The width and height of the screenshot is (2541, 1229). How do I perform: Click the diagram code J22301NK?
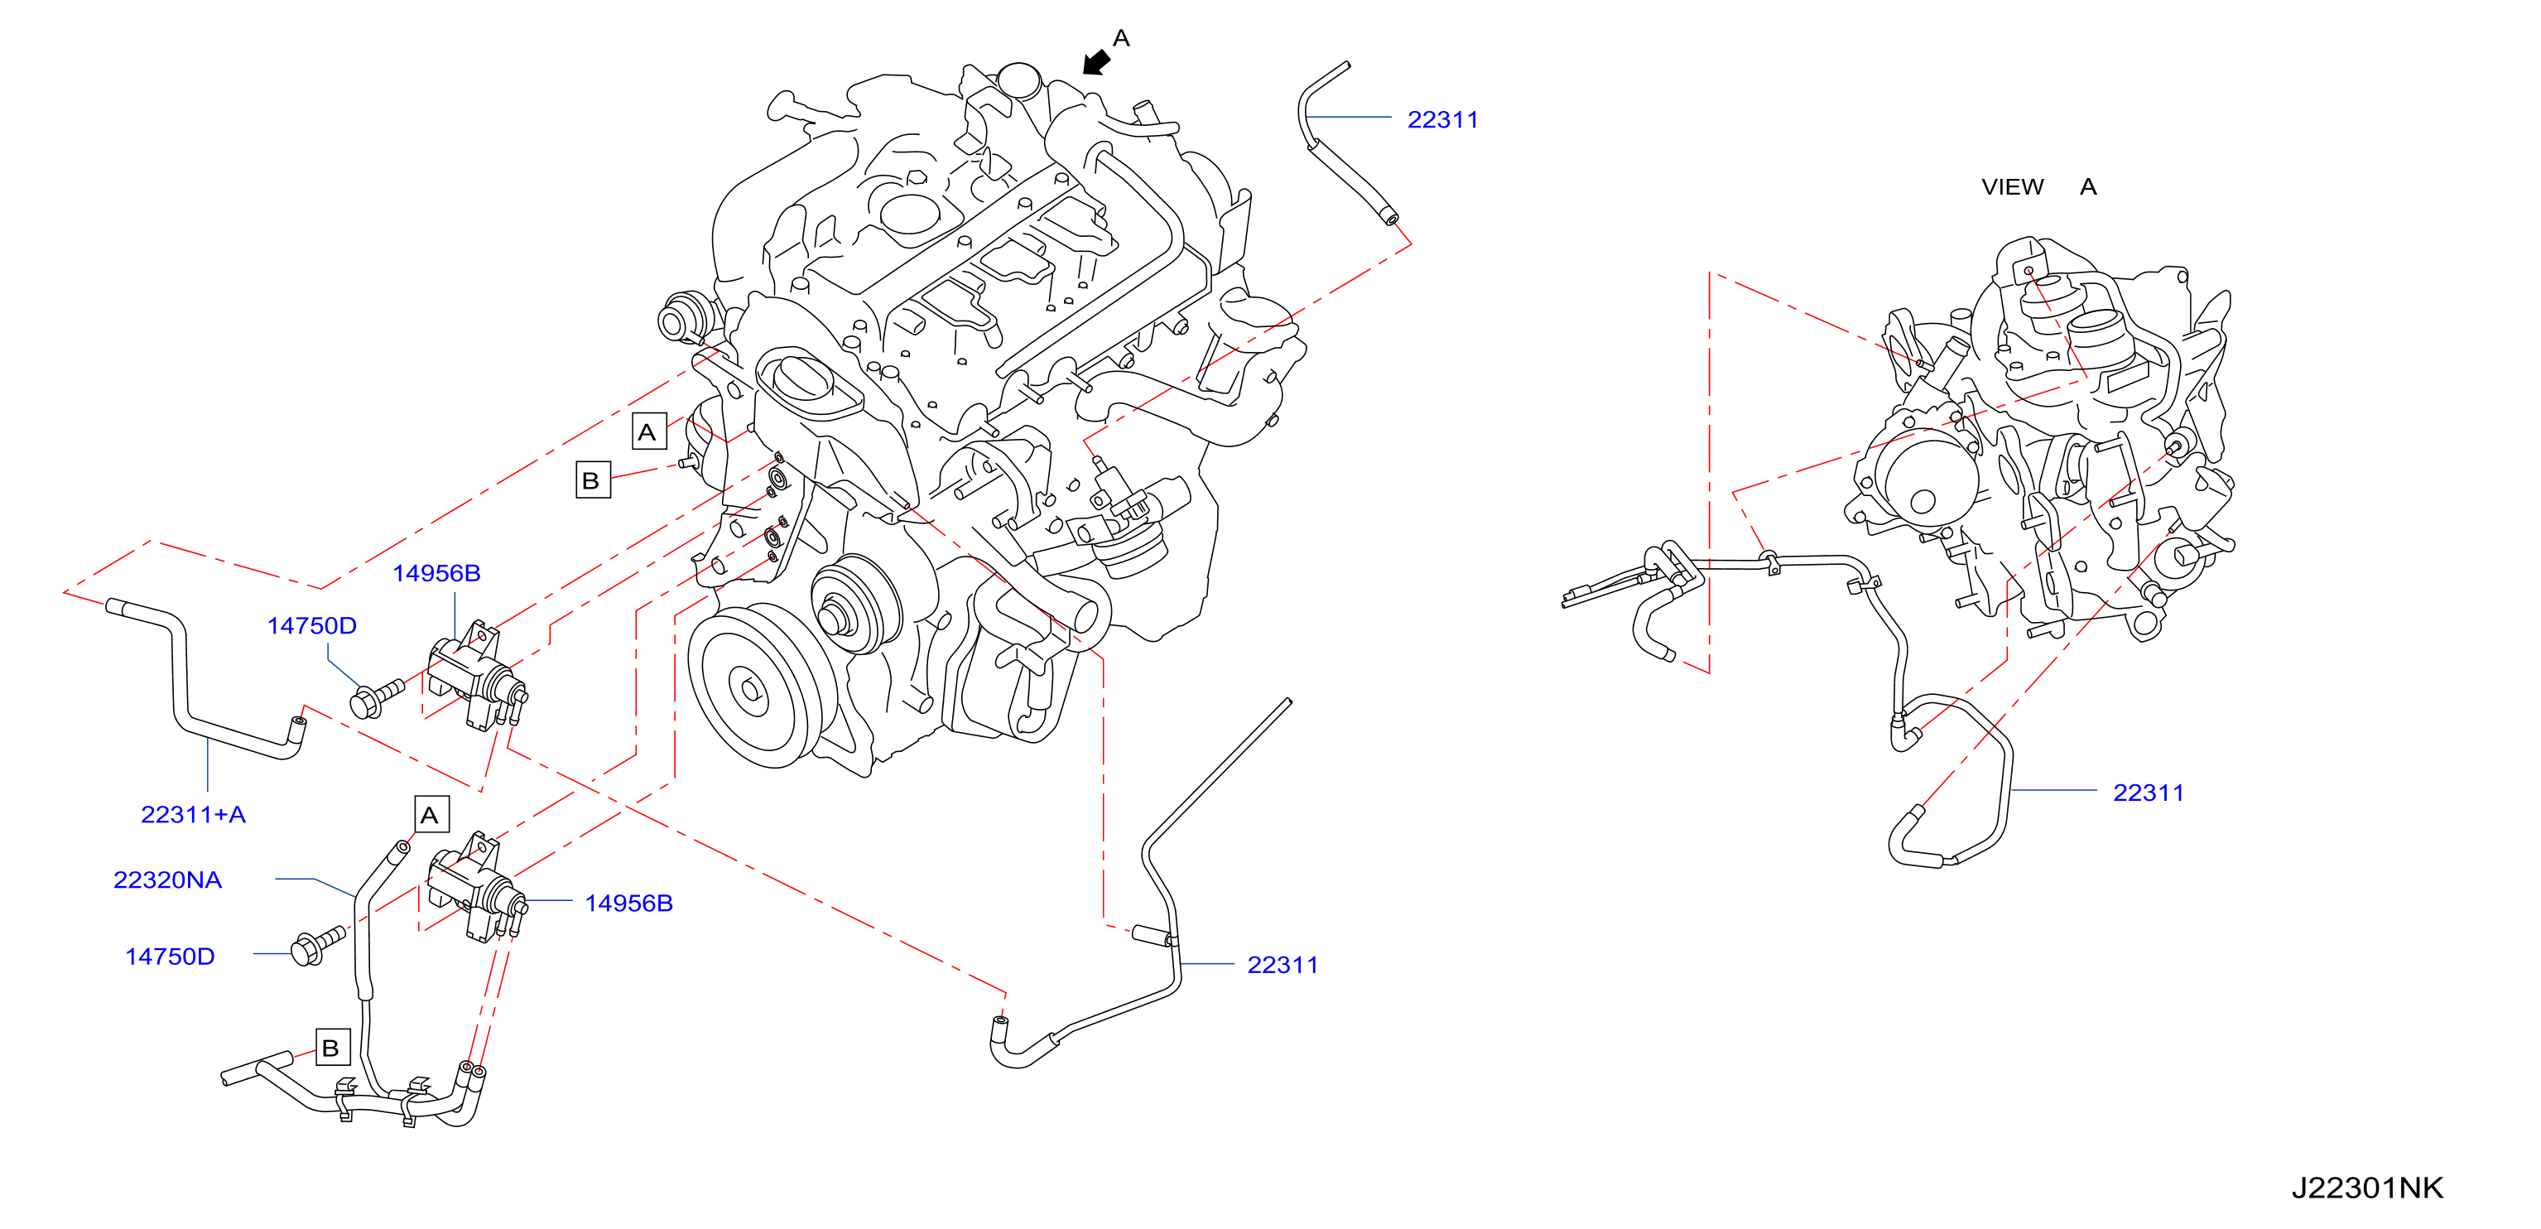pyautogui.click(x=2366, y=1188)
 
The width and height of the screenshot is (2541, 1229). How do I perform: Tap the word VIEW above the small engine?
pyautogui.click(x=2012, y=186)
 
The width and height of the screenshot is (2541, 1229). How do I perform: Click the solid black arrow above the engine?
pyautogui.click(x=1096, y=62)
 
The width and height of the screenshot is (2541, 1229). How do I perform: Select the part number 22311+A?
pyautogui.click(x=194, y=815)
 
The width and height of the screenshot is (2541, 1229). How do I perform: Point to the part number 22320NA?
pyautogui.click(x=168, y=880)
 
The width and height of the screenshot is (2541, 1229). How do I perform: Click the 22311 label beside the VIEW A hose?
pyautogui.click(x=2149, y=793)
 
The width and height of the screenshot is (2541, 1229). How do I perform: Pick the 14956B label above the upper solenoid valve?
pyautogui.click(x=436, y=573)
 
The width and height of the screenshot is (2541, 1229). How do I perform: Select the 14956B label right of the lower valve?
pyautogui.click(x=628, y=904)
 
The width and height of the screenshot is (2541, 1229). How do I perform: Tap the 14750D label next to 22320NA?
pyautogui.click(x=170, y=957)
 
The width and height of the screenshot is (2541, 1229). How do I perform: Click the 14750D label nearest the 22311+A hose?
pyautogui.click(x=311, y=625)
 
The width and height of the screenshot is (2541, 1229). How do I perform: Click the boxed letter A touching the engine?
pyautogui.click(x=649, y=432)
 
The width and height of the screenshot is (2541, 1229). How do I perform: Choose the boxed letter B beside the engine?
pyautogui.click(x=593, y=480)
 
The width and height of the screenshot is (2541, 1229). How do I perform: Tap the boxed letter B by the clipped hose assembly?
pyautogui.click(x=332, y=1048)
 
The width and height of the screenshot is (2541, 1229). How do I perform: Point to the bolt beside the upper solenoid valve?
pyautogui.click(x=377, y=698)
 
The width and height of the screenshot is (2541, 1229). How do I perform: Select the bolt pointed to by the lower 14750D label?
pyautogui.click(x=318, y=946)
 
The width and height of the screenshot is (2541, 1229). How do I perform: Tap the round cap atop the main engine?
pyautogui.click(x=1019, y=79)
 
